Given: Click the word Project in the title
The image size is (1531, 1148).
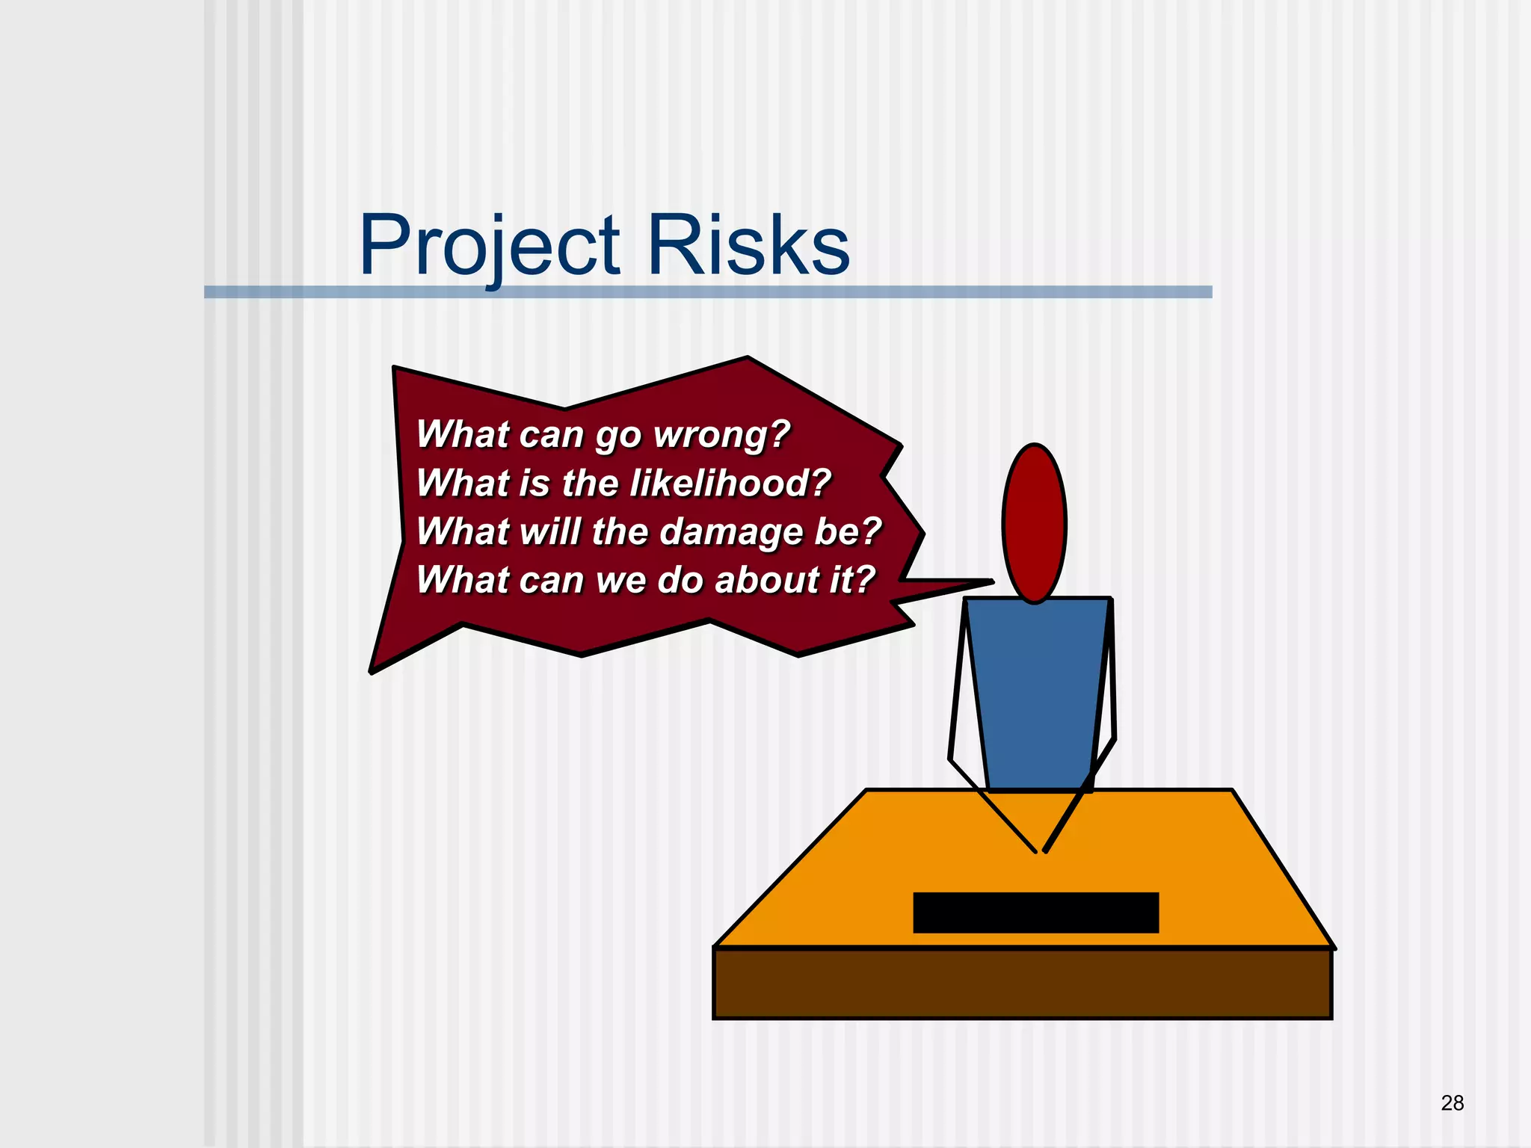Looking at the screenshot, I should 490,245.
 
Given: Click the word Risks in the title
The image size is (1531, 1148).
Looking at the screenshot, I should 748,245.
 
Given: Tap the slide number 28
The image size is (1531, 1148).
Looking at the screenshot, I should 1452,1102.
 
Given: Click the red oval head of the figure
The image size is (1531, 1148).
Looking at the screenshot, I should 1035,522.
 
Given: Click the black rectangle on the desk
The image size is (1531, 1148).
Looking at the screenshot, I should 1035,913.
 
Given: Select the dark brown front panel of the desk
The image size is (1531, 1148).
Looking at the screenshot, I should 1023,984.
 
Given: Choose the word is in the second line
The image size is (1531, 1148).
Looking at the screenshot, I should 534,483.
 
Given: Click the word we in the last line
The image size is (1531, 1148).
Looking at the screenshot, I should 620,581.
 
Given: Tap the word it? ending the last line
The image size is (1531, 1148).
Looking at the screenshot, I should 851,580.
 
